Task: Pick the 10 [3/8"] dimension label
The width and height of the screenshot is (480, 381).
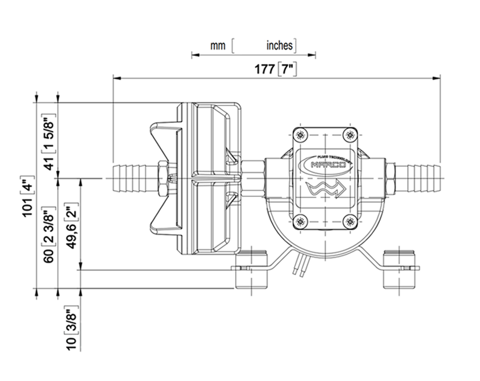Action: click(x=72, y=330)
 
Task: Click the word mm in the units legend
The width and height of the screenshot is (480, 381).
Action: click(x=218, y=45)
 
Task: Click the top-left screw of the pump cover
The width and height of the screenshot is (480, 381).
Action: click(x=300, y=135)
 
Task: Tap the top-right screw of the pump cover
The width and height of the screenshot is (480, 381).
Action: click(x=349, y=135)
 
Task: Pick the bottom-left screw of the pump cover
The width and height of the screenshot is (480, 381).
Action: click(x=300, y=220)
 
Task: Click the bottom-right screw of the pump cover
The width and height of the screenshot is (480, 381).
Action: click(x=349, y=220)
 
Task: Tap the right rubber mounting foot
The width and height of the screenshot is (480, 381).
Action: click(x=399, y=267)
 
